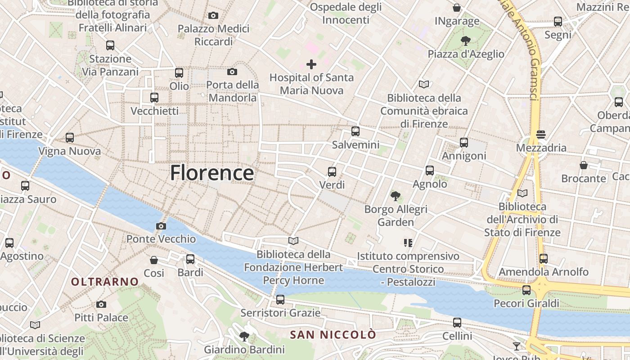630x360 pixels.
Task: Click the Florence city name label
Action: pos(212,173)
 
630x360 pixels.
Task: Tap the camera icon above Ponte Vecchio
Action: pos(161,226)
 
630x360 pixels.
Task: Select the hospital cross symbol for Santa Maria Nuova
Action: pos(311,64)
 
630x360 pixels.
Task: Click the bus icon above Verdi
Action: pos(332,171)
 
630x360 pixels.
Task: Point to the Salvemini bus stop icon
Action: pos(355,131)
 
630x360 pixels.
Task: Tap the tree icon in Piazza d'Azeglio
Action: pos(466,41)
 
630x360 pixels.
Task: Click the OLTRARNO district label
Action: pos(105,282)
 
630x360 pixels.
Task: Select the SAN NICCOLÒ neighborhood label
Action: pos(333,335)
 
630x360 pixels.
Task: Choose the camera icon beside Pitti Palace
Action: pos(101,305)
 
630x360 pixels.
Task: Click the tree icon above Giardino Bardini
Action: pos(244,336)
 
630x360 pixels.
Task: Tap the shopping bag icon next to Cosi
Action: pos(154,260)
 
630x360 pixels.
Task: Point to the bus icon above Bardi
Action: pos(190,259)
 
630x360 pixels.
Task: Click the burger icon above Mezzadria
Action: pos(541,135)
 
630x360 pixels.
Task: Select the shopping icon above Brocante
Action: pos(584,165)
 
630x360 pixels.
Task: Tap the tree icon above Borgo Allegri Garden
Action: pos(396,196)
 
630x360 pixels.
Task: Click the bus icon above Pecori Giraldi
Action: pos(526,290)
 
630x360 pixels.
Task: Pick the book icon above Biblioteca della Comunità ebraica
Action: pos(423,84)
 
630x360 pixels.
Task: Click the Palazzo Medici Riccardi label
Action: pos(213,35)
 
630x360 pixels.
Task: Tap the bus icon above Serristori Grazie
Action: pos(280,300)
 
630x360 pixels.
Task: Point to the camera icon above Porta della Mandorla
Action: pos(232,72)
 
